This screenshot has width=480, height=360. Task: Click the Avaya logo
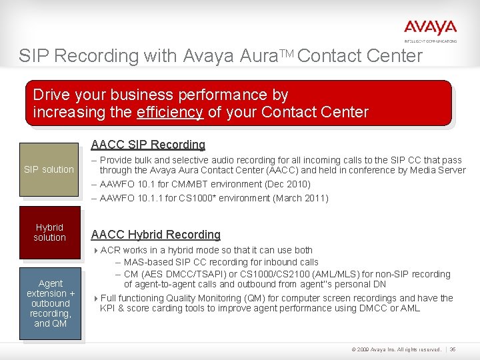[x=430, y=29]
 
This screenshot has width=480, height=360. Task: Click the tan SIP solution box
[x=49, y=169]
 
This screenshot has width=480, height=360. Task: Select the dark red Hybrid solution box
[x=49, y=233]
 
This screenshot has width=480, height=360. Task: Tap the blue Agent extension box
[x=51, y=303]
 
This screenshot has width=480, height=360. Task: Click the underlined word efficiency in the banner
[x=170, y=112]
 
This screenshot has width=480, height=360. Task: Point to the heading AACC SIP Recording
[x=148, y=145]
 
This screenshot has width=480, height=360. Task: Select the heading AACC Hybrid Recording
[x=155, y=235]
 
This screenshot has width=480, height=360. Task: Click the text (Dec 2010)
[x=287, y=184]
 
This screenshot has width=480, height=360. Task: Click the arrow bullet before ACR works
[x=95, y=251]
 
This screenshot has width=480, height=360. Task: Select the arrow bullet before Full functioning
[x=95, y=299]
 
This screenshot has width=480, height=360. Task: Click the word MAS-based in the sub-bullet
[x=146, y=262]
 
